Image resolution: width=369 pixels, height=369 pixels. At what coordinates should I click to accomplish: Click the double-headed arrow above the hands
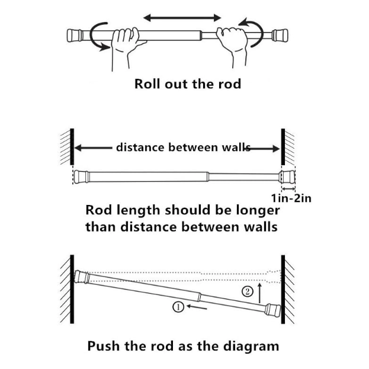(x=182, y=18)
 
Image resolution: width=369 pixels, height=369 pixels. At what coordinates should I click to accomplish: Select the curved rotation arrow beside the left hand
(x=98, y=37)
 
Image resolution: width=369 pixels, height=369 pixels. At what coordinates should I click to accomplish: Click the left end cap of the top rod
(x=75, y=36)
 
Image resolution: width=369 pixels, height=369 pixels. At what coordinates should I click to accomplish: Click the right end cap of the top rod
(x=280, y=35)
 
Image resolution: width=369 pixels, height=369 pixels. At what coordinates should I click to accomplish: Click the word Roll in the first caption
(x=147, y=84)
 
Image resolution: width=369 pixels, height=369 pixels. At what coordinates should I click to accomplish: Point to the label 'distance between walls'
(x=184, y=147)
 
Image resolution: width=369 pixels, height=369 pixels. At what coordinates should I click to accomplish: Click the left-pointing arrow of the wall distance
(x=93, y=148)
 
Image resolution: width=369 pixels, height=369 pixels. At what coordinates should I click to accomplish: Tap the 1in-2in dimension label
(x=291, y=198)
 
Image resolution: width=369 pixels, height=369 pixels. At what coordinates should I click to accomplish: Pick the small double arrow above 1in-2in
(x=288, y=188)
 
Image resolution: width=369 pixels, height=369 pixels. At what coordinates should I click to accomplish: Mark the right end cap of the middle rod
(x=287, y=177)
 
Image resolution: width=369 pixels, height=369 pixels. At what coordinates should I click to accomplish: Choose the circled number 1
(x=178, y=307)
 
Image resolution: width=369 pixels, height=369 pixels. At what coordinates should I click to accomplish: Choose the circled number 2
(x=248, y=292)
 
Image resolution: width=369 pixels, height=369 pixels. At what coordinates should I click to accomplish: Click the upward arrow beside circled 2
(x=260, y=293)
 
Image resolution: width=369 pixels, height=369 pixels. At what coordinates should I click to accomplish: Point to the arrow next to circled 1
(x=197, y=307)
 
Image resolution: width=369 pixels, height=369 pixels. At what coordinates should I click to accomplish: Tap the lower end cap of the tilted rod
(x=273, y=310)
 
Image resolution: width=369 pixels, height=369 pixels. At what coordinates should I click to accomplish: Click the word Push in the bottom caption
(x=104, y=346)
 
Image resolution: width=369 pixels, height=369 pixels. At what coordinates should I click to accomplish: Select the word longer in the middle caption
(x=258, y=211)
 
